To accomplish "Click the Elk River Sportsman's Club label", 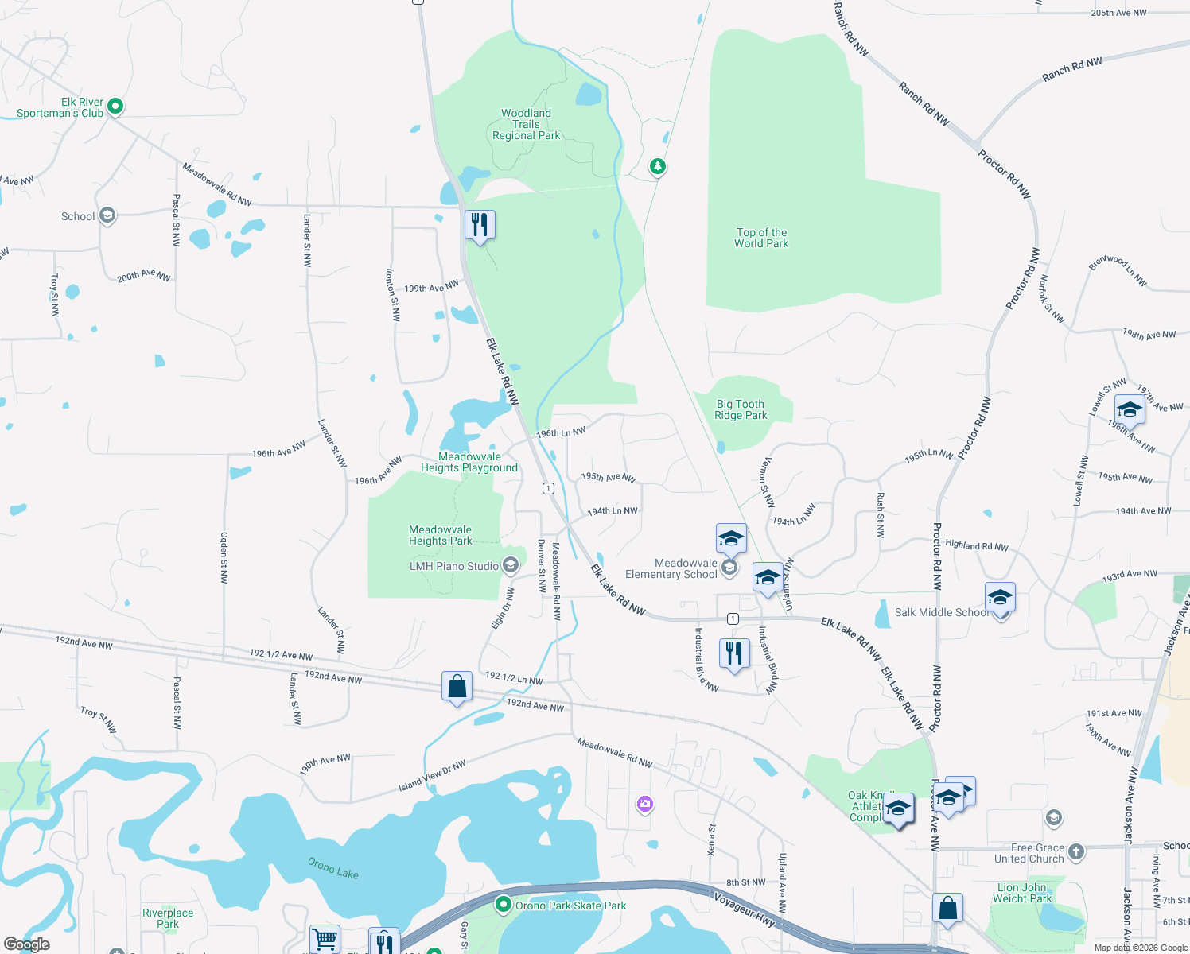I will [60, 107].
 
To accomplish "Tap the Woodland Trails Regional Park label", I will [526, 125].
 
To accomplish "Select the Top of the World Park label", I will [761, 238].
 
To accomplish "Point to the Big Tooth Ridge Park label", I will [741, 409].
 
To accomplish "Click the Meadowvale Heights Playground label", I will [469, 462].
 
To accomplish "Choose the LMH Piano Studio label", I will [454, 566].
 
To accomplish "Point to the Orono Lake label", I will [333, 867].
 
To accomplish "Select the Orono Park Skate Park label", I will [570, 906].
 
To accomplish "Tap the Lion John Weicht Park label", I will [1022, 893].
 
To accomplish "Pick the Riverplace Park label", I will [168, 918].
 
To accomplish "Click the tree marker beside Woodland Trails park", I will [657, 166].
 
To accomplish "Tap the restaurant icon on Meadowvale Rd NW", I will [480, 225].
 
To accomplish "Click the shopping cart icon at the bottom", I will [325, 939].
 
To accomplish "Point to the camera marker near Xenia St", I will [645, 805].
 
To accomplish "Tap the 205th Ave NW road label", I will [1118, 13].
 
